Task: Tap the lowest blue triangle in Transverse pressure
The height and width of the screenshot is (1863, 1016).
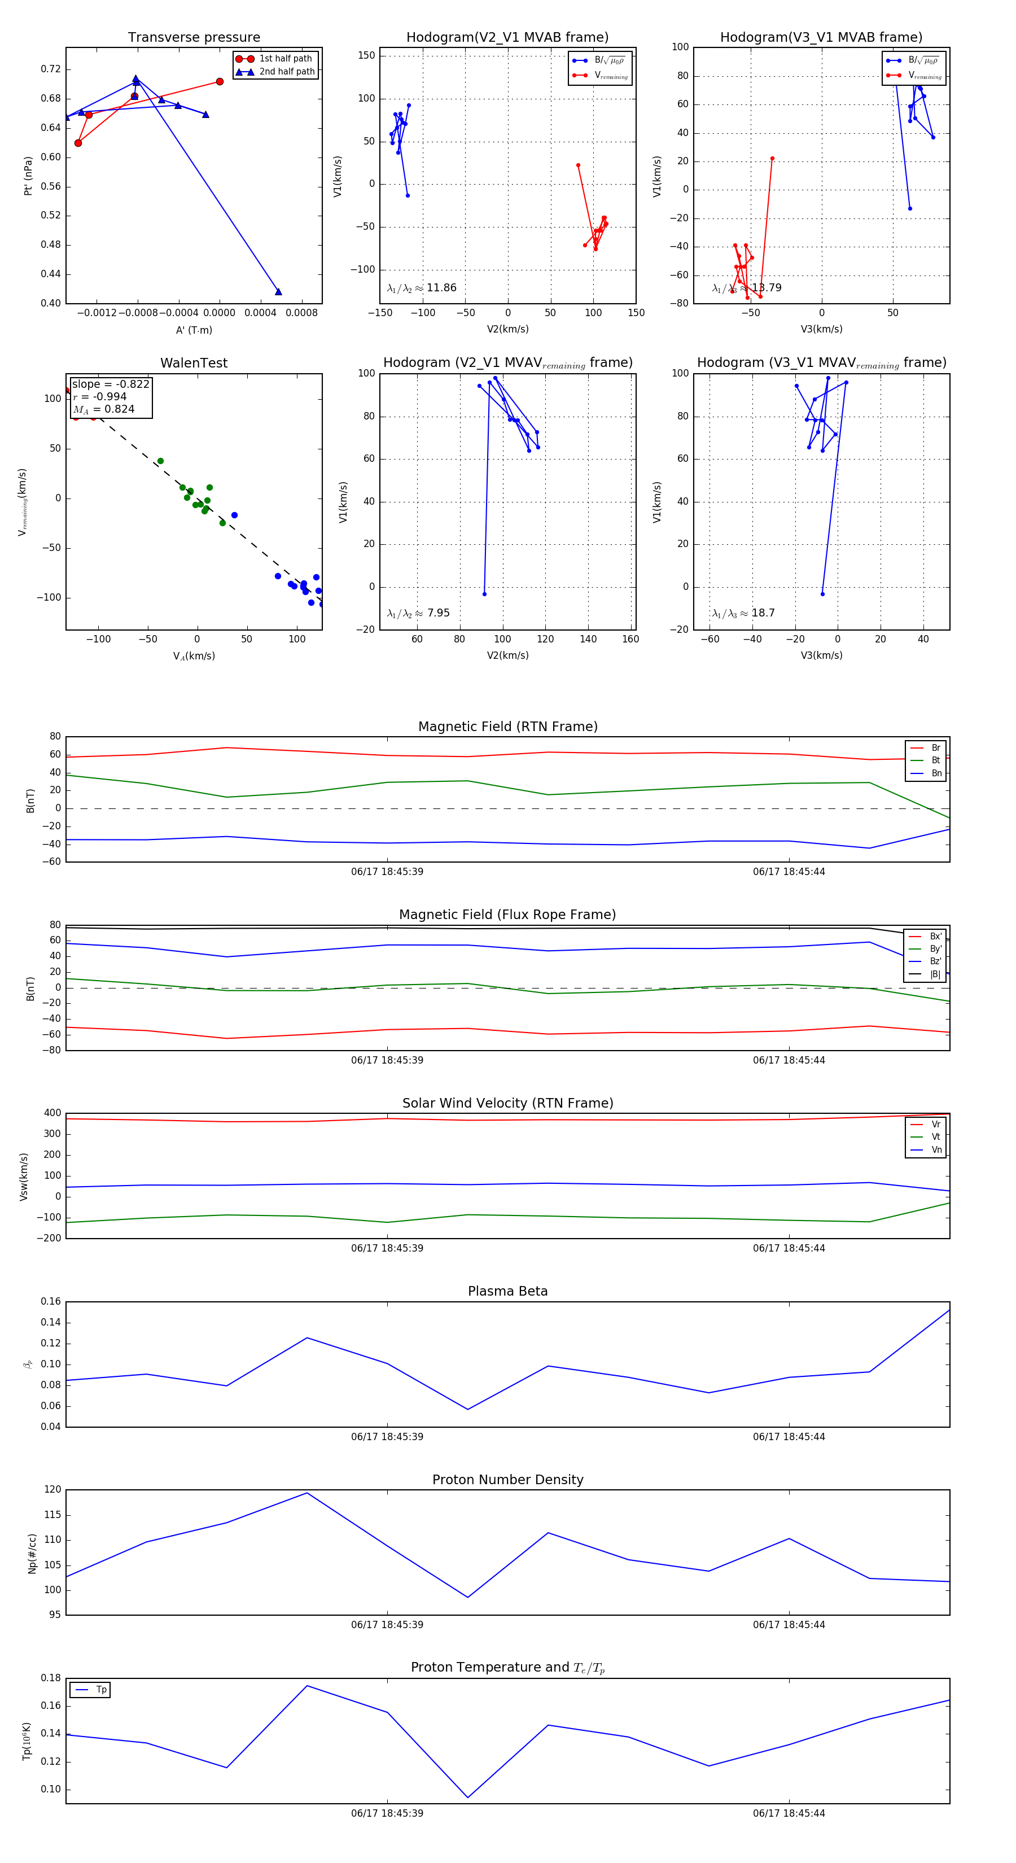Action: pos(278,291)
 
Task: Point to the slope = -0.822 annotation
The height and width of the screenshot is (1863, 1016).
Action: pos(111,384)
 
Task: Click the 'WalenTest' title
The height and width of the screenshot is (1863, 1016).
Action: pos(194,363)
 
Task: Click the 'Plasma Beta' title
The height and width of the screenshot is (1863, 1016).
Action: pos(507,1291)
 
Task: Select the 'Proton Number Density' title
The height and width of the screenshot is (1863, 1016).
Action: pos(507,1480)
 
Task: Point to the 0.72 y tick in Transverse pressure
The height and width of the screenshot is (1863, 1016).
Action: pos(51,69)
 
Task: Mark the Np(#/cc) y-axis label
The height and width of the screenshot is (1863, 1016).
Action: pos(32,1554)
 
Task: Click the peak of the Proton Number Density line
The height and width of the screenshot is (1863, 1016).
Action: pos(306,1493)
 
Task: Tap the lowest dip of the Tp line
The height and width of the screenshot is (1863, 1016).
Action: pos(468,1797)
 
